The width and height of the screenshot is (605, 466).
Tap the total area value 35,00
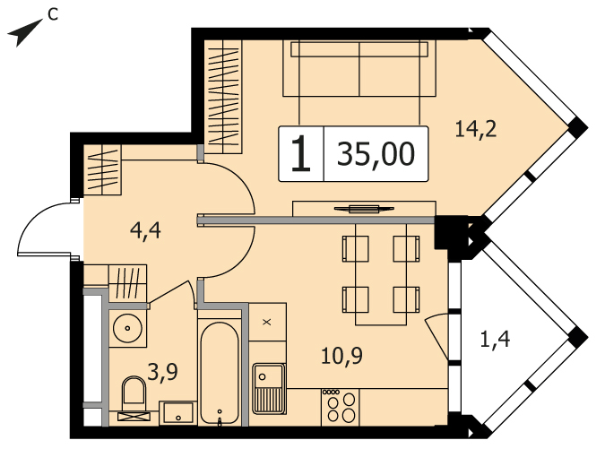point(376,154)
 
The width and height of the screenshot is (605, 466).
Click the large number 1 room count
point(300,154)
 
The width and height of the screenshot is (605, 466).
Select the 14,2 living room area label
point(476,129)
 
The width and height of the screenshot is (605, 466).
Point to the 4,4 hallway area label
point(145,231)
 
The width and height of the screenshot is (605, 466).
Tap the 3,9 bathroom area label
point(162,373)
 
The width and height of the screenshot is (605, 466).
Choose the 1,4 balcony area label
point(495,340)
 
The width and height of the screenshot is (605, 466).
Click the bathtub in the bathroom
point(220,374)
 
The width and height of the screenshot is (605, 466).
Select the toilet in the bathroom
point(134,397)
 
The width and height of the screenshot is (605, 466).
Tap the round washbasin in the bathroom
point(127,328)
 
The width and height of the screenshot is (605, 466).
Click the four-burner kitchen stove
point(341,408)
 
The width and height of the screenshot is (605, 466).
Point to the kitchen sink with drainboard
point(269,388)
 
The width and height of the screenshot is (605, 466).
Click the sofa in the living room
point(359,69)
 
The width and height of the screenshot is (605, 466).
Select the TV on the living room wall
point(364,209)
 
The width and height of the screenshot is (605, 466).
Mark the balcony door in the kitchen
point(436,336)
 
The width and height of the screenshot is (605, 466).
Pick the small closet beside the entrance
point(103,169)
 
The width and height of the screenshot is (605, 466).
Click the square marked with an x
point(267,322)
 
